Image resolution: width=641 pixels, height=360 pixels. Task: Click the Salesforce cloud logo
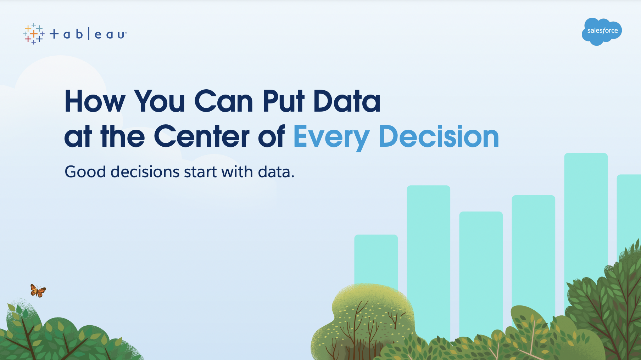602,32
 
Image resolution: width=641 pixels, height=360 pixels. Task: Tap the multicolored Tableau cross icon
34,34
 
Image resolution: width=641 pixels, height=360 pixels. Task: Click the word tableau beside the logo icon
88,34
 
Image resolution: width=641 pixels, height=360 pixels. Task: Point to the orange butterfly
38,291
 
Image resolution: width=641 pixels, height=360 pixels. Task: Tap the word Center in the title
202,136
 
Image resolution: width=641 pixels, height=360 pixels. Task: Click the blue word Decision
439,136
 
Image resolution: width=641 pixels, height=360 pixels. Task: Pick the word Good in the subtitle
85,172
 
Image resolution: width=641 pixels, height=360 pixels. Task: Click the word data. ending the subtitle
276,172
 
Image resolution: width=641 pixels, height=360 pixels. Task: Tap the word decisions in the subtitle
145,172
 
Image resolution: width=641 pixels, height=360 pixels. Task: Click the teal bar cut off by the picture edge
629,213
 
